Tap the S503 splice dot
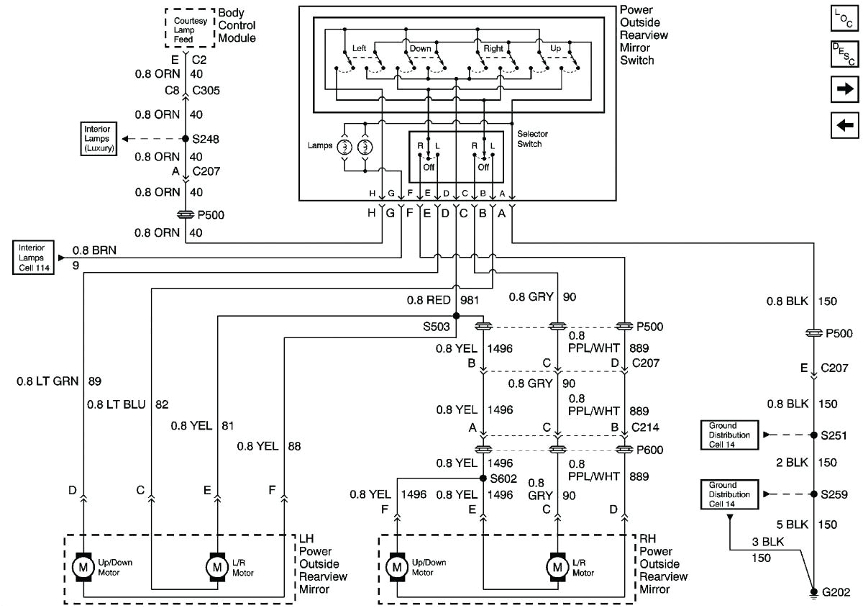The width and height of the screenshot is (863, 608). pyautogui.click(x=456, y=315)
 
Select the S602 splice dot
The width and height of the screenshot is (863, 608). pyautogui.click(x=483, y=478)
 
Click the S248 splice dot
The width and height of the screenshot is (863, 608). pyautogui.click(x=186, y=139)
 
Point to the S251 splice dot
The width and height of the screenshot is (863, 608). pyautogui.click(x=813, y=435)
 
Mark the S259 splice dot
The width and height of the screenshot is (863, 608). pyautogui.click(x=813, y=494)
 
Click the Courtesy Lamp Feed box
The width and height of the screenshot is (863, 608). pyautogui.click(x=190, y=27)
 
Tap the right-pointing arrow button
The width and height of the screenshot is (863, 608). pyautogui.click(x=844, y=89)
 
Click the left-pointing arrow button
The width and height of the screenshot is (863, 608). pyautogui.click(x=844, y=124)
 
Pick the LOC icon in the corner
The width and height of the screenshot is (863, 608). pyautogui.click(x=844, y=19)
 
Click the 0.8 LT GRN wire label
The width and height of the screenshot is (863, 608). pyautogui.click(x=49, y=381)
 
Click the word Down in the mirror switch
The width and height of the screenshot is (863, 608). pyautogui.click(x=420, y=49)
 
